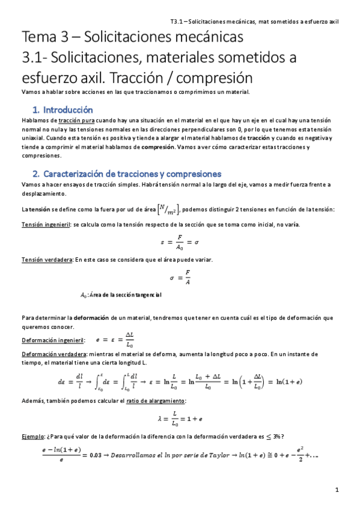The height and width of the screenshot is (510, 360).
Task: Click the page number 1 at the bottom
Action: click(338, 490)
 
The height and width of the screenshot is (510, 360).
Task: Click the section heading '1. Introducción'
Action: click(63, 110)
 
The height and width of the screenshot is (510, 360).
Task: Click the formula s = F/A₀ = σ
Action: click(180, 242)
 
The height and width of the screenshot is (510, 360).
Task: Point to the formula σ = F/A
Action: click(180, 277)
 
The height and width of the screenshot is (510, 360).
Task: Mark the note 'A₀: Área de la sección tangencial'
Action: click(120, 295)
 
